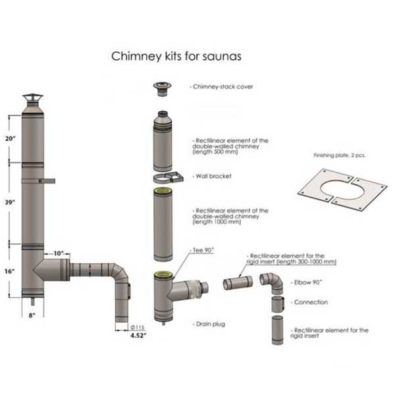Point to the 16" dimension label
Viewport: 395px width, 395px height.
pos(9,271)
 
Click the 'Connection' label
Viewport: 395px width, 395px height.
pos(307,303)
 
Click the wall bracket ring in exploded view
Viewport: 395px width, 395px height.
pos(168,179)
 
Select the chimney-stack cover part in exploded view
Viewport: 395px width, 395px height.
pos(160,89)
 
